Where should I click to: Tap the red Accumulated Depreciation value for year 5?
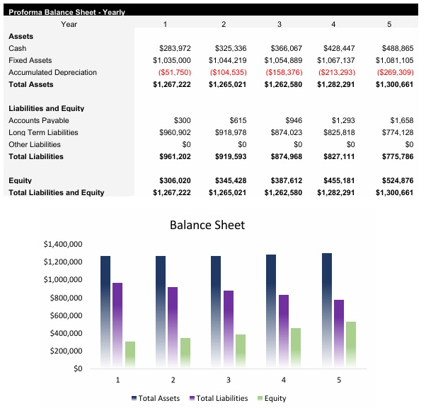394,72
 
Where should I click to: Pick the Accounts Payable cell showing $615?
236,121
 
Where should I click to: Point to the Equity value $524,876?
393,181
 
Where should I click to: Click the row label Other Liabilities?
34,145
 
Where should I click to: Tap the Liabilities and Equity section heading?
47,109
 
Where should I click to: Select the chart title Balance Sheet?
207,226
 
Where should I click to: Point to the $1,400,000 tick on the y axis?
63,245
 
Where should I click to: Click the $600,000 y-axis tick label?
65,315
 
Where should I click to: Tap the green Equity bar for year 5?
351,344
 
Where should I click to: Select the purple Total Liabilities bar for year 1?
118,324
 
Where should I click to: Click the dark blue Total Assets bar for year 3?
216,311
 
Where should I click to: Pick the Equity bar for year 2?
185,352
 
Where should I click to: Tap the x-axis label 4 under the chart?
284,380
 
